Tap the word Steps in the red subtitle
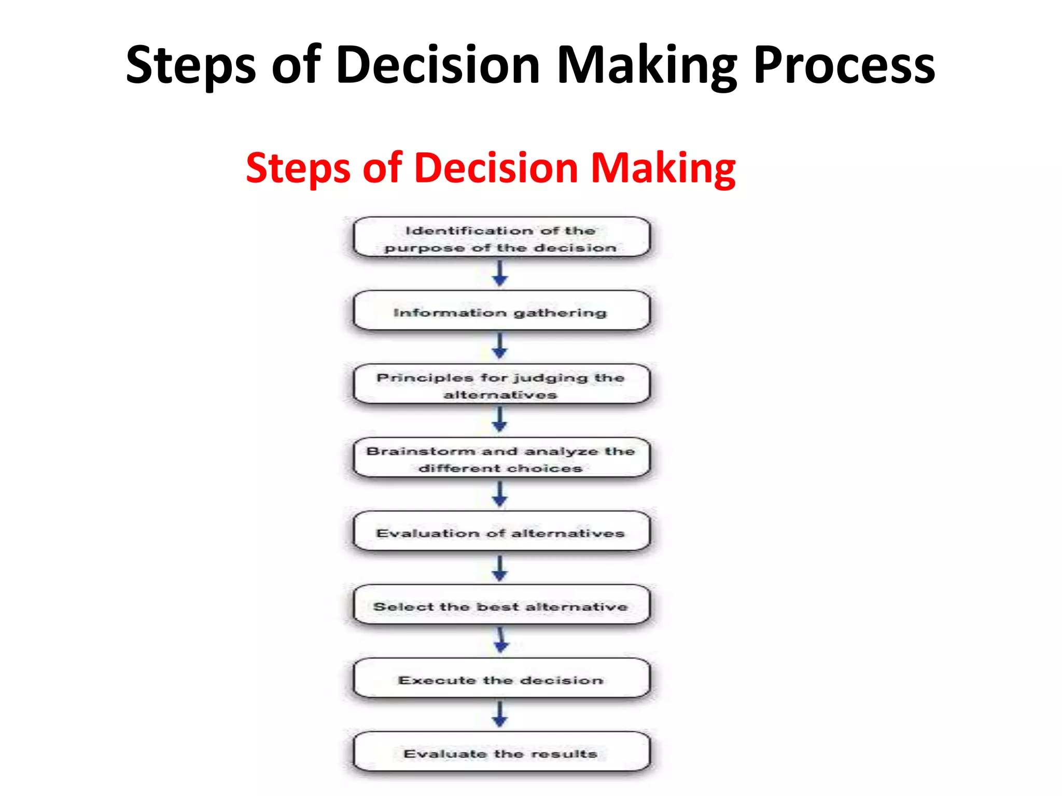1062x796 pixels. coord(298,168)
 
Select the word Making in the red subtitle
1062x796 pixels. coord(663,168)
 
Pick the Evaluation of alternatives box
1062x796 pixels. coord(500,533)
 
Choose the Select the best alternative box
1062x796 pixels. coord(500,606)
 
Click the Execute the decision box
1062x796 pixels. coord(500,680)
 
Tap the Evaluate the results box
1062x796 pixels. coord(500,754)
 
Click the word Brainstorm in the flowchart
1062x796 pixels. coord(420,451)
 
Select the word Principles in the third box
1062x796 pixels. coord(425,378)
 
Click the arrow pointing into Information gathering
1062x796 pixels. coord(500,274)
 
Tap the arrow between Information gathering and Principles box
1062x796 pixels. coord(500,346)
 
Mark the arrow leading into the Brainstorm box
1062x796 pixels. coord(500,420)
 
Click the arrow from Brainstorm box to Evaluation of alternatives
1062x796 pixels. coord(500,494)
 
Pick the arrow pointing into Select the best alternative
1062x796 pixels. coord(500,568)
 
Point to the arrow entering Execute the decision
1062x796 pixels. coord(501,641)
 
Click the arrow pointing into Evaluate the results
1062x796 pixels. coord(500,715)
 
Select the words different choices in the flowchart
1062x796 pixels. coord(500,468)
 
